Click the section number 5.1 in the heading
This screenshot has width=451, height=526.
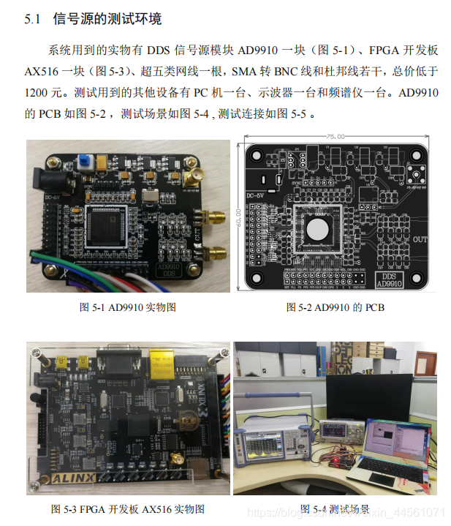(x=34, y=19)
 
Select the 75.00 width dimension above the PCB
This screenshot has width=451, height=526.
(x=336, y=137)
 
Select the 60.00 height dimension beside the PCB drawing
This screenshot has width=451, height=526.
(x=239, y=217)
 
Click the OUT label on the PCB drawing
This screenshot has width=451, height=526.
(x=421, y=240)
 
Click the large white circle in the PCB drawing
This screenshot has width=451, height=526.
(x=319, y=228)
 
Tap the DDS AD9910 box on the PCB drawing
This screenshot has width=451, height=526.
(x=388, y=278)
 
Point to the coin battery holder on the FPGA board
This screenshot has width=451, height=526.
(x=189, y=419)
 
